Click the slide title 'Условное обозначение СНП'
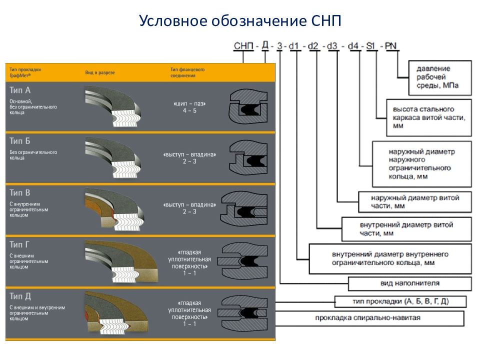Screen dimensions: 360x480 point(240,21)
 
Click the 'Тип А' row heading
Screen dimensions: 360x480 point(20,90)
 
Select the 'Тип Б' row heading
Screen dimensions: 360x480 point(20,141)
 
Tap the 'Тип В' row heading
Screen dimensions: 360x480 point(20,193)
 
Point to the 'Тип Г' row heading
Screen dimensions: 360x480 point(20,244)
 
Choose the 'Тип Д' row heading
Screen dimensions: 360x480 point(20,296)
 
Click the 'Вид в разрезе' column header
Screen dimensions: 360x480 point(100,72)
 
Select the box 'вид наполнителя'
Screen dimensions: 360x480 point(409,283)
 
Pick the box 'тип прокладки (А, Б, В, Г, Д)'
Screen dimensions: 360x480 point(400,301)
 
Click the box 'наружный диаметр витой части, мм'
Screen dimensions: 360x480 point(415,201)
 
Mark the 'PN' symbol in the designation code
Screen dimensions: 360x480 point(391,46)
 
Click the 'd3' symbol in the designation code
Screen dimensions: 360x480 point(332,46)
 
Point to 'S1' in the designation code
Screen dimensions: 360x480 point(371,46)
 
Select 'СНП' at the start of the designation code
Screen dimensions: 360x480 point(243,46)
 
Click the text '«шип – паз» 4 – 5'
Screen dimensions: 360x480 point(189,107)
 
